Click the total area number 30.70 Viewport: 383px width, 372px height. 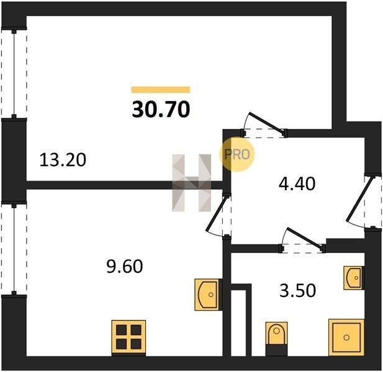coord(161,109)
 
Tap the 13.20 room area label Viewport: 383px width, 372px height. coord(63,160)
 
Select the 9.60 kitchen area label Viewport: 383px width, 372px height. coord(125,266)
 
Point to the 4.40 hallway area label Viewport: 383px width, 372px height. coord(297,184)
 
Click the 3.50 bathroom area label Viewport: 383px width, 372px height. coord(297,290)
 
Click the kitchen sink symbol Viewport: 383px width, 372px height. coord(209,294)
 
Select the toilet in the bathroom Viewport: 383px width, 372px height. coord(276,339)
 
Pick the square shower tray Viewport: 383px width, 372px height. coord(346,337)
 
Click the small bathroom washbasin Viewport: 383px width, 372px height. coord(354,278)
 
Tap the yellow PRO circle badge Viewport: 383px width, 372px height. coord(237,154)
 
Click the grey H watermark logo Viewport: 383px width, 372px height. coord(191,183)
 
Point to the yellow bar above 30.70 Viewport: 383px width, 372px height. coord(161,89)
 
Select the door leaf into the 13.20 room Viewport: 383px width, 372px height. coord(267,124)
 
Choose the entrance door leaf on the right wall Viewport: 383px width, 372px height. coord(360,199)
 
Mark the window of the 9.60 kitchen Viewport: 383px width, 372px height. coord(14,249)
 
